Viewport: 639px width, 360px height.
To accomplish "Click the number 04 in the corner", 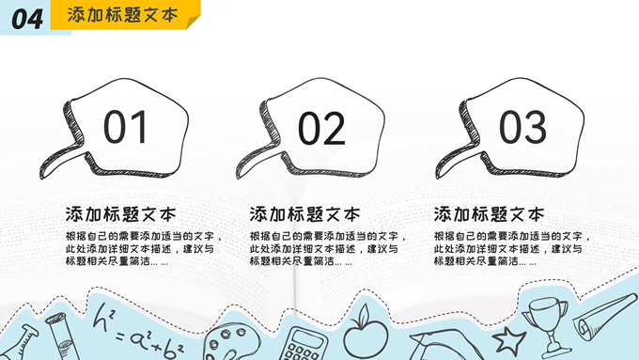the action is (27, 19).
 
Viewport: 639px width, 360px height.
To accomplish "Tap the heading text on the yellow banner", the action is (123, 15).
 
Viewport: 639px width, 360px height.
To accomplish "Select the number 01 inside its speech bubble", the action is (125, 127).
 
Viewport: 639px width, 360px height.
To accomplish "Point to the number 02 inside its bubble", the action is (321, 129).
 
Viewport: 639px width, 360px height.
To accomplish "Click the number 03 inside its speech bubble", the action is (522, 127).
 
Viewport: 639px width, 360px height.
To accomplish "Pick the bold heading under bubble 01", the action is (120, 214).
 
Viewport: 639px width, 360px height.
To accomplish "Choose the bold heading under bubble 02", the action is (304, 214).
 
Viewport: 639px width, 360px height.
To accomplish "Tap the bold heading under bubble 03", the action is (489, 214).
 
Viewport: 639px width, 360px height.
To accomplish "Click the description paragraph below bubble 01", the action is (144, 249).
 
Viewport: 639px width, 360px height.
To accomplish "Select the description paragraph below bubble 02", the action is (328, 249).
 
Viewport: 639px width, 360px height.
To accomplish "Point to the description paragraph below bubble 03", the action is (512, 249).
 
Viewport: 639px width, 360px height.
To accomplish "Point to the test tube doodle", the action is (62, 337).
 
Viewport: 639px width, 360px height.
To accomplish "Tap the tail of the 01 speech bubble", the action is (61, 160).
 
